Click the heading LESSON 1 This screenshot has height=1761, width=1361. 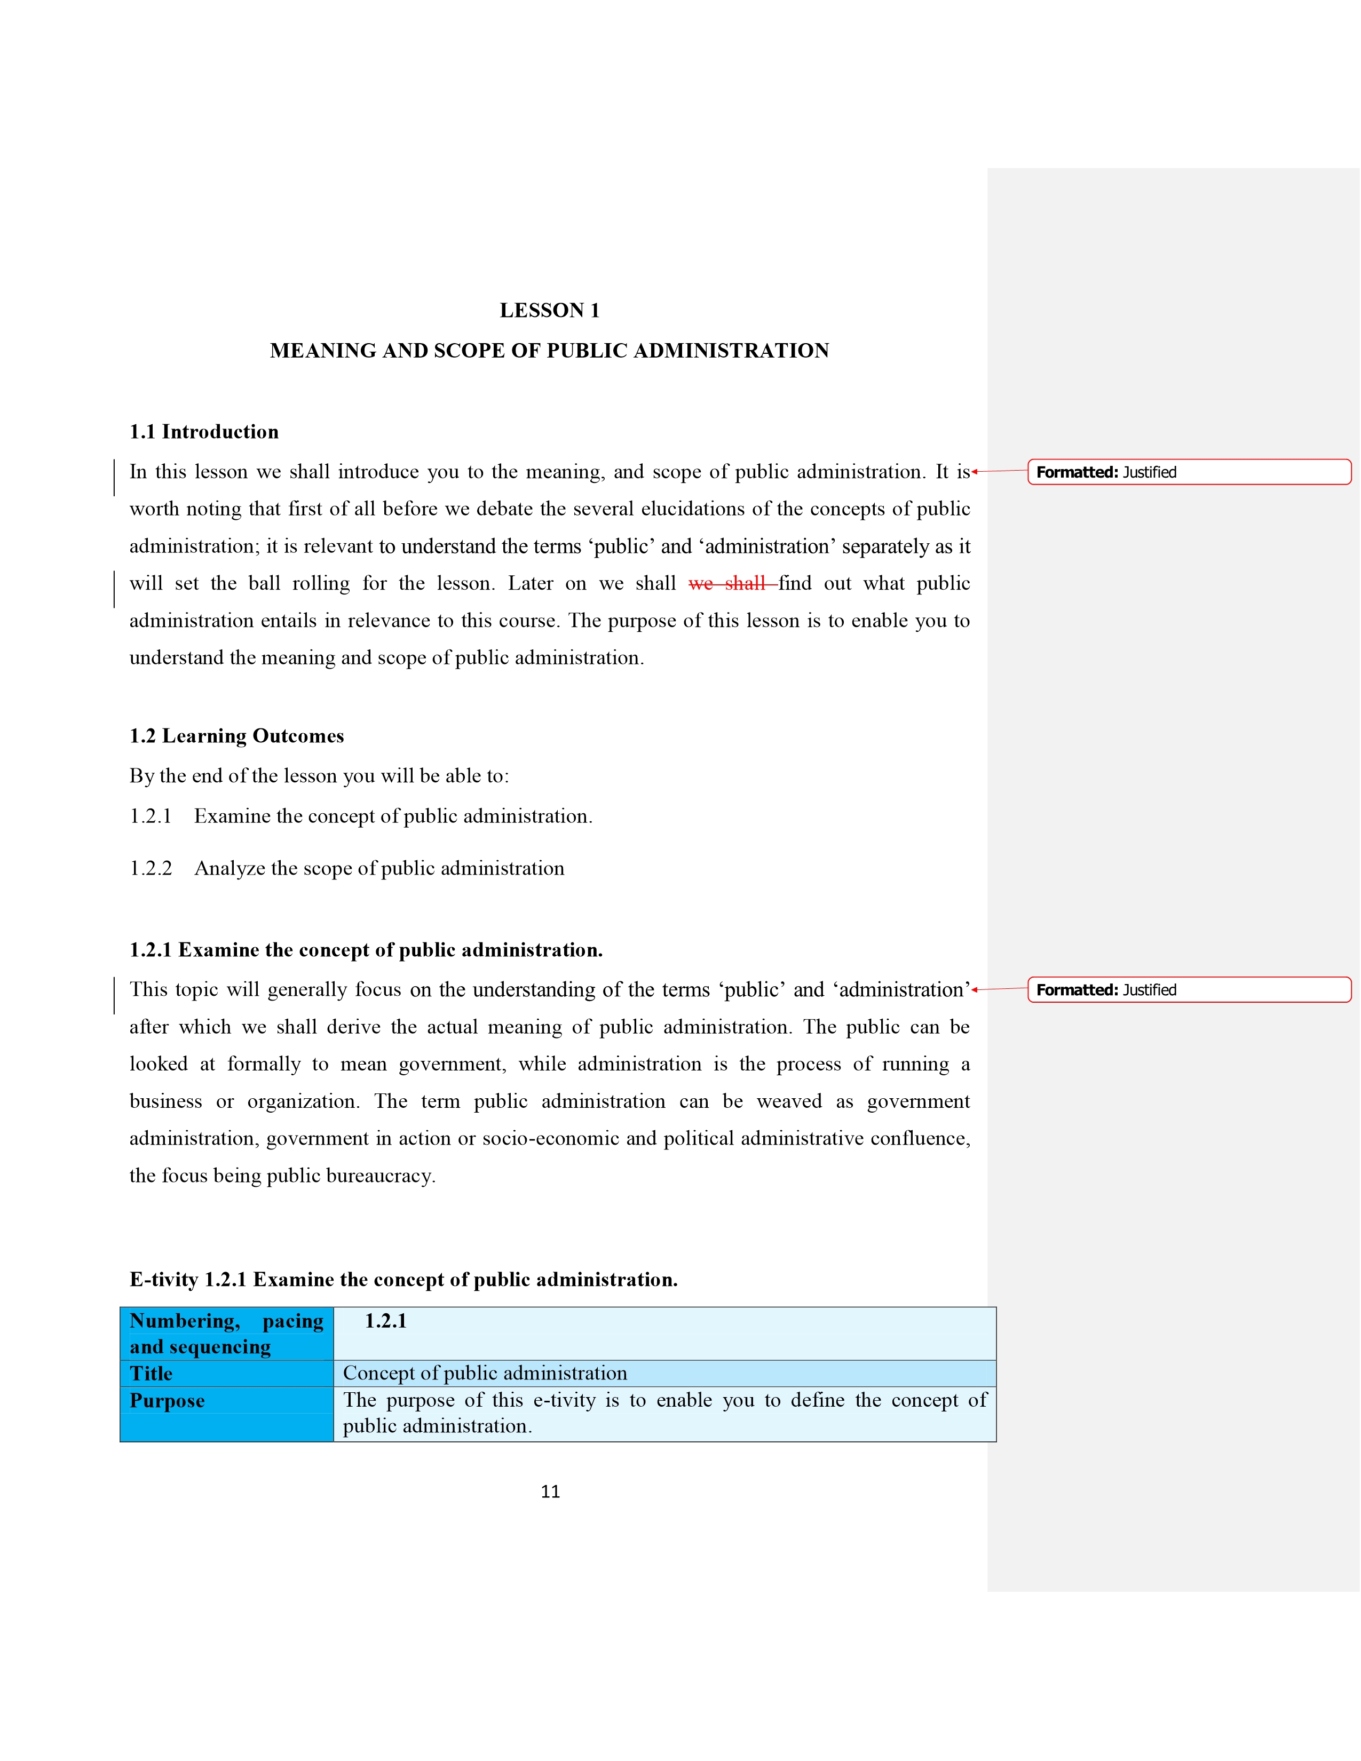pos(549,311)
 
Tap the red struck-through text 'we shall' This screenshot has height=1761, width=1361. pos(731,584)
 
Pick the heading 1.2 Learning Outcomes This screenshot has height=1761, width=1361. pos(236,736)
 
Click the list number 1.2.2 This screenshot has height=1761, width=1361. pos(151,868)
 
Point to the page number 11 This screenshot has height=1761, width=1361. pos(550,1492)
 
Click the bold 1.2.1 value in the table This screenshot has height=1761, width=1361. pos(385,1321)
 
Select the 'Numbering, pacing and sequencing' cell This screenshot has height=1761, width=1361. pos(226,1334)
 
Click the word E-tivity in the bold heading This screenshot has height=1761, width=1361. pos(164,1280)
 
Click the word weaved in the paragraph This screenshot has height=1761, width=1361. pos(788,1101)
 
